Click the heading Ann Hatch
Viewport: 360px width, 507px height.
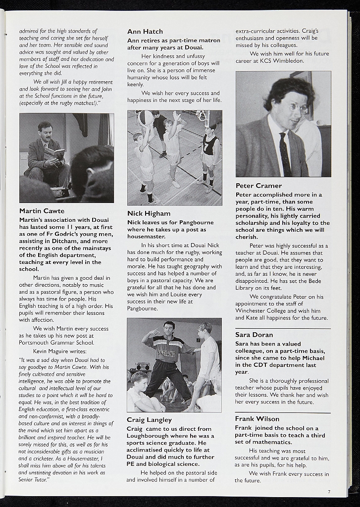145,32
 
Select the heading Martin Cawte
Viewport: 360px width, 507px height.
42,211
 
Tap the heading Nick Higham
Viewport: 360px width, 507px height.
149,213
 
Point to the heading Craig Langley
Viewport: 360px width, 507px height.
149,420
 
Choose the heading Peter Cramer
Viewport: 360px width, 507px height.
258,186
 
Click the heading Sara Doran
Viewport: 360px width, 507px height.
254,335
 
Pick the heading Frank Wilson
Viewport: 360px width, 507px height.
257,419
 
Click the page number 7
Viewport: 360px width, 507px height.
328,491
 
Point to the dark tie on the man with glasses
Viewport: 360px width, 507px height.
285,154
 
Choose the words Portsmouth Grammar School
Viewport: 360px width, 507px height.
56,343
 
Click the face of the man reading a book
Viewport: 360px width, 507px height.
46,133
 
